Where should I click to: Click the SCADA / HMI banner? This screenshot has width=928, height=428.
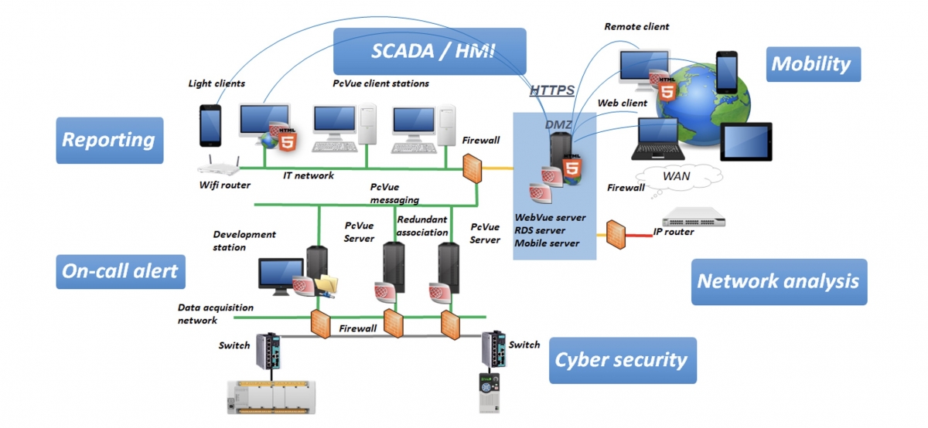click(430, 51)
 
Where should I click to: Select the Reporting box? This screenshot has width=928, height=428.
click(110, 141)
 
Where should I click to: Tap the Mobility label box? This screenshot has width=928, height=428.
click(814, 64)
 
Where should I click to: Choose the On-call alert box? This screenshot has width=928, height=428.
click(121, 271)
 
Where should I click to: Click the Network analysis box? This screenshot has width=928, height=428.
click(779, 282)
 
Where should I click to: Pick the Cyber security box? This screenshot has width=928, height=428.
click(623, 360)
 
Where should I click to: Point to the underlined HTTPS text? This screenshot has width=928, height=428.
click(552, 90)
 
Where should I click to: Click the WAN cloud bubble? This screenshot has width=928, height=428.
click(680, 177)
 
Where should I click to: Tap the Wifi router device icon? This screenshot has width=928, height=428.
click(219, 165)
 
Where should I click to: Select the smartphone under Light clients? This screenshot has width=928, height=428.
click(210, 125)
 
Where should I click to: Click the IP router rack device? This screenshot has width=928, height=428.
click(694, 217)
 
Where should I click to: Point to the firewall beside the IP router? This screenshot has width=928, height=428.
click(616, 235)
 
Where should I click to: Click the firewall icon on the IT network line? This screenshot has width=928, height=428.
click(472, 168)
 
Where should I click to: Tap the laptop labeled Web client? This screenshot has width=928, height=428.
click(657, 138)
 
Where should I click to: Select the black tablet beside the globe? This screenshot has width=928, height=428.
click(746, 141)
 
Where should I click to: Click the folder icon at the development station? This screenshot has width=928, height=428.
click(326, 286)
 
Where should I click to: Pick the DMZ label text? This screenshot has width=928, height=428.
click(558, 124)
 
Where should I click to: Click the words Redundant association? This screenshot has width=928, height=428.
click(422, 226)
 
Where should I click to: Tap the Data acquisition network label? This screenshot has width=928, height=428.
click(216, 314)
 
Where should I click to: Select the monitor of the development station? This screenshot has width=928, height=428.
click(281, 276)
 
